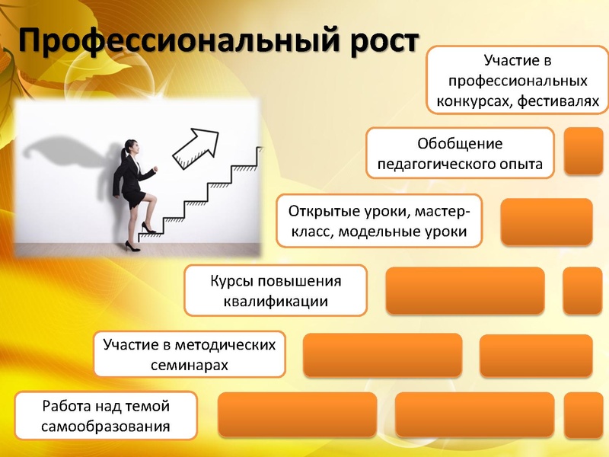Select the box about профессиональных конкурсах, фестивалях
point(518,80)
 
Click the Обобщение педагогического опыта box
point(460,153)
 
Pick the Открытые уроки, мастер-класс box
point(379,221)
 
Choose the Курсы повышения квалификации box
point(276,291)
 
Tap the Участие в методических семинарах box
point(190,354)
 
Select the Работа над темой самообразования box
point(106,416)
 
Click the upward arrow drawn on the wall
point(196,149)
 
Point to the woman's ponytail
point(123,155)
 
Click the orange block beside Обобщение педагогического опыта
point(583,151)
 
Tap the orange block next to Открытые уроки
point(547,222)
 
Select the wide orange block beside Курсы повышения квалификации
point(465,290)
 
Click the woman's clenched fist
point(155,169)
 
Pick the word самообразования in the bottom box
point(106,427)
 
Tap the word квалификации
point(276,302)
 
